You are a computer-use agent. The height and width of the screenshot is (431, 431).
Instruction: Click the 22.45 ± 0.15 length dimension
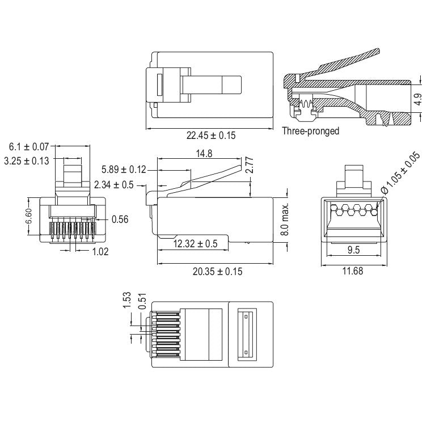pos(211,135)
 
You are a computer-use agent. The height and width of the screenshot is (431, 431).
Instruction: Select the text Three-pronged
pos(311,131)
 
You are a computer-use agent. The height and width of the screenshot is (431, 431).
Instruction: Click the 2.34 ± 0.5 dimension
pos(114,184)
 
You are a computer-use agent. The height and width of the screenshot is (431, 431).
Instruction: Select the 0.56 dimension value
pos(120,219)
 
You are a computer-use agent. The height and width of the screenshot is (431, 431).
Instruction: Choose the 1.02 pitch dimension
pos(100,251)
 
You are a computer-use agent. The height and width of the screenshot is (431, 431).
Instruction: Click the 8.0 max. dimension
pos(285,220)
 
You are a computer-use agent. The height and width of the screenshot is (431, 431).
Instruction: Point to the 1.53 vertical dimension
pos(127,299)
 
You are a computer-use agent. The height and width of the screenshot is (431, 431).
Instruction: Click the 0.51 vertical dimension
pos(142,303)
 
